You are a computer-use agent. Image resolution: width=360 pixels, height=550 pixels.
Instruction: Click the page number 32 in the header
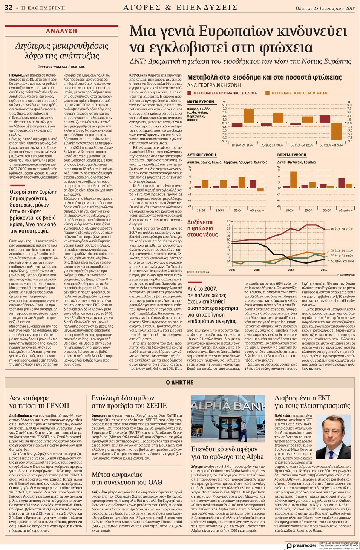point(8,8)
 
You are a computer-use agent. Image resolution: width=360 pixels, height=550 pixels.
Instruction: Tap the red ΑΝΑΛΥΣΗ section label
point(61,31)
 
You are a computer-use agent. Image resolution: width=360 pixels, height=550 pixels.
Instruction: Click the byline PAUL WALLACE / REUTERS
point(64,67)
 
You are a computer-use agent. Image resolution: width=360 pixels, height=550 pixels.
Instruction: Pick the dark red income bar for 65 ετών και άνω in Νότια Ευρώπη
point(325,119)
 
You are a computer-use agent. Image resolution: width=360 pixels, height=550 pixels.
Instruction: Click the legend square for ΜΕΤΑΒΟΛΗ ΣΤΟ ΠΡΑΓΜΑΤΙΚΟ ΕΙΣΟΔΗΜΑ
point(190,93)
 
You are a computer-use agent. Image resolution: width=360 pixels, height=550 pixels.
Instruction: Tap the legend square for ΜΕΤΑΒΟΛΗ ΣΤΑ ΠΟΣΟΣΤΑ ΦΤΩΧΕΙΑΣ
point(268,93)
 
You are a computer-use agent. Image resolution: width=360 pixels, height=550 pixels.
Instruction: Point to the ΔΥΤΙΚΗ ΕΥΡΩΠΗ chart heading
point(202,155)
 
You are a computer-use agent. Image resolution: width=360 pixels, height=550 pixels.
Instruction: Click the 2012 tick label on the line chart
point(291,270)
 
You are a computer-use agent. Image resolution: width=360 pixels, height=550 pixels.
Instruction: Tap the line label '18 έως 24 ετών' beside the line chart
point(342,229)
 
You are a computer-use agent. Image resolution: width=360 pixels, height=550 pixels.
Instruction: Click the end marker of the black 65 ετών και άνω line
point(324,259)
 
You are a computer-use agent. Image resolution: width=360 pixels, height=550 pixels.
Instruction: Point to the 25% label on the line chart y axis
point(229,221)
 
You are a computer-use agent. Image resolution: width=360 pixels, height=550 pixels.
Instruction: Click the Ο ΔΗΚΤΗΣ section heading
point(180,382)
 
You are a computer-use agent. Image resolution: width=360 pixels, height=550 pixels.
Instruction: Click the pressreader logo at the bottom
point(302,545)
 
